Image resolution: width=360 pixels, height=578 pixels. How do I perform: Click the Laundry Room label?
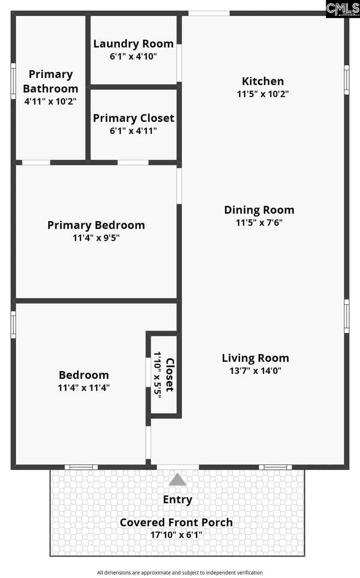coord(133,44)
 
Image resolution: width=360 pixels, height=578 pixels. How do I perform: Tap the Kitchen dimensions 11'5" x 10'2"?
coord(263,94)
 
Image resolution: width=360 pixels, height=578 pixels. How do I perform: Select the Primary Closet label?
coord(133,118)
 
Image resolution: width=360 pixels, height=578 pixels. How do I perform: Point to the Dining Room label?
coord(259,210)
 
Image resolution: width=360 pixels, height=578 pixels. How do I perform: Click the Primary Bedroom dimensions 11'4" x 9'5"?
coord(96,238)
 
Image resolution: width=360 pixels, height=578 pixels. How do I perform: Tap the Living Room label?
coord(255,358)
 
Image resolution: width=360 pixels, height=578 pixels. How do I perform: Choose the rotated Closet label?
coord(170,375)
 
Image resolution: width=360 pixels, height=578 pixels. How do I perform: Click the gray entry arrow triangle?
coord(178,480)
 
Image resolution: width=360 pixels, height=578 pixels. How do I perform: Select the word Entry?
coord(178,500)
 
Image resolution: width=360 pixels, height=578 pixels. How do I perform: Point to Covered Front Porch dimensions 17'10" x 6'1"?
coord(176,535)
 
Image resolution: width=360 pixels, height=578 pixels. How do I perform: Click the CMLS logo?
coord(343,9)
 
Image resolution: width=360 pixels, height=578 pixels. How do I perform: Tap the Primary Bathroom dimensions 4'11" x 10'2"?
coord(50,101)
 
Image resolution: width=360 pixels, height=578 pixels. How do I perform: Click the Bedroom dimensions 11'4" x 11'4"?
coord(84,387)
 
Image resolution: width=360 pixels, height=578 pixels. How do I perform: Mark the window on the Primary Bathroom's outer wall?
coord(13,81)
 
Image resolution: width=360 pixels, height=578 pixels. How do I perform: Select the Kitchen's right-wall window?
coord(347,80)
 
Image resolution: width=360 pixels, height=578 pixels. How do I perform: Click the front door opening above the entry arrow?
coord(178,467)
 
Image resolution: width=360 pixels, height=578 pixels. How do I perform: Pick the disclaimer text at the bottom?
coord(180,573)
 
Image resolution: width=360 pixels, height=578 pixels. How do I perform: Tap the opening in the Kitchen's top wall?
coord(209,13)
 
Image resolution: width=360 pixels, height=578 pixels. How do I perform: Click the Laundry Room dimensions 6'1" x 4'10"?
coord(133,56)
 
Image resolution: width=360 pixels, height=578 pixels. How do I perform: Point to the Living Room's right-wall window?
coord(347,316)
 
